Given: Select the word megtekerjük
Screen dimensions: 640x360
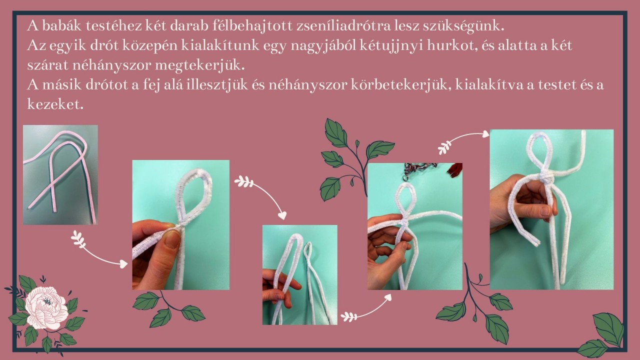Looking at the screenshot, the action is point(200,65).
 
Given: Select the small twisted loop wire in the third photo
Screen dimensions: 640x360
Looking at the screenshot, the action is point(308,251).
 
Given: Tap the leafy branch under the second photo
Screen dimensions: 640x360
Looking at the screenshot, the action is point(169,308).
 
